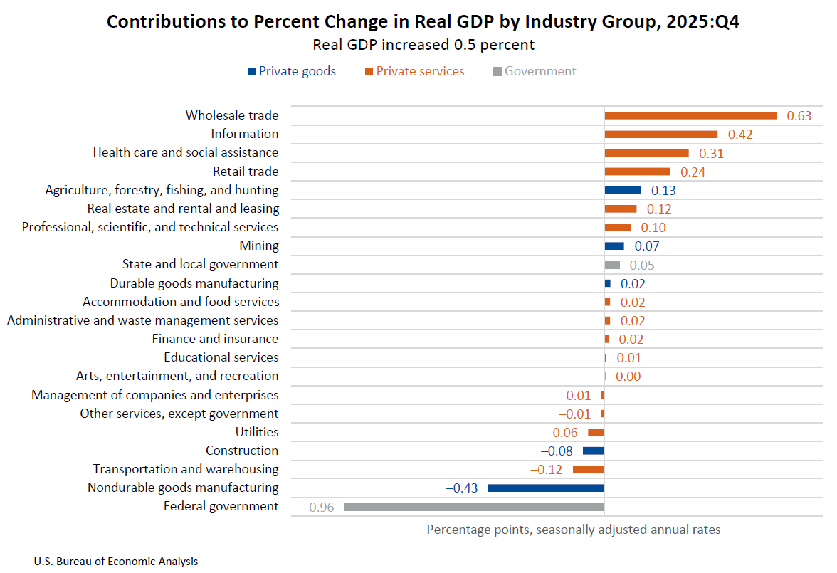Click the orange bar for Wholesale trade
coord(690,115)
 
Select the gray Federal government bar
coord(473,507)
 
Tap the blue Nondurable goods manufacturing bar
coord(545,488)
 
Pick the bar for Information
coord(660,134)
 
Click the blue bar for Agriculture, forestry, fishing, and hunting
coord(622,190)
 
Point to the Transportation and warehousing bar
coord(588,470)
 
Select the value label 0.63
coord(799,116)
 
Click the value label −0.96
coord(319,508)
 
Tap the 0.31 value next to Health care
coord(711,153)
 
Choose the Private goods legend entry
coord(291,71)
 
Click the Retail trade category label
coord(246,172)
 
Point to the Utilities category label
coord(257,432)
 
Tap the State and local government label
coord(200,264)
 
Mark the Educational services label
coord(221,357)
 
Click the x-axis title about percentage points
coord(573,530)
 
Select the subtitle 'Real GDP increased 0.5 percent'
coord(423,45)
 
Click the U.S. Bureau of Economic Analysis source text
coord(116,562)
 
